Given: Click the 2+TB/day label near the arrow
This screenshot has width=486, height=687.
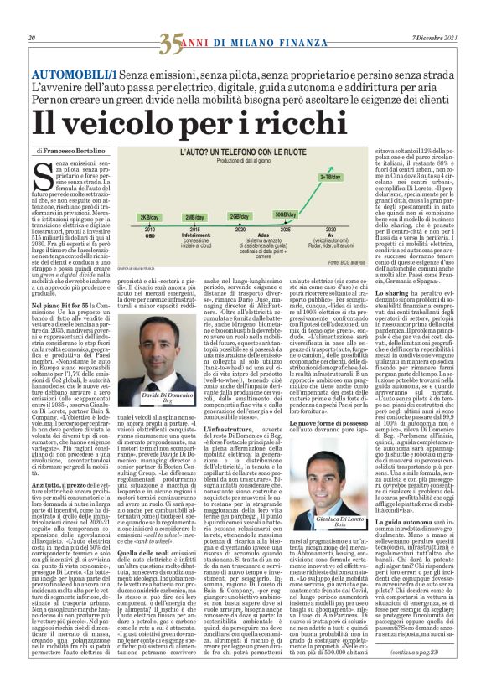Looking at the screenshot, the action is pos(329,177).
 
